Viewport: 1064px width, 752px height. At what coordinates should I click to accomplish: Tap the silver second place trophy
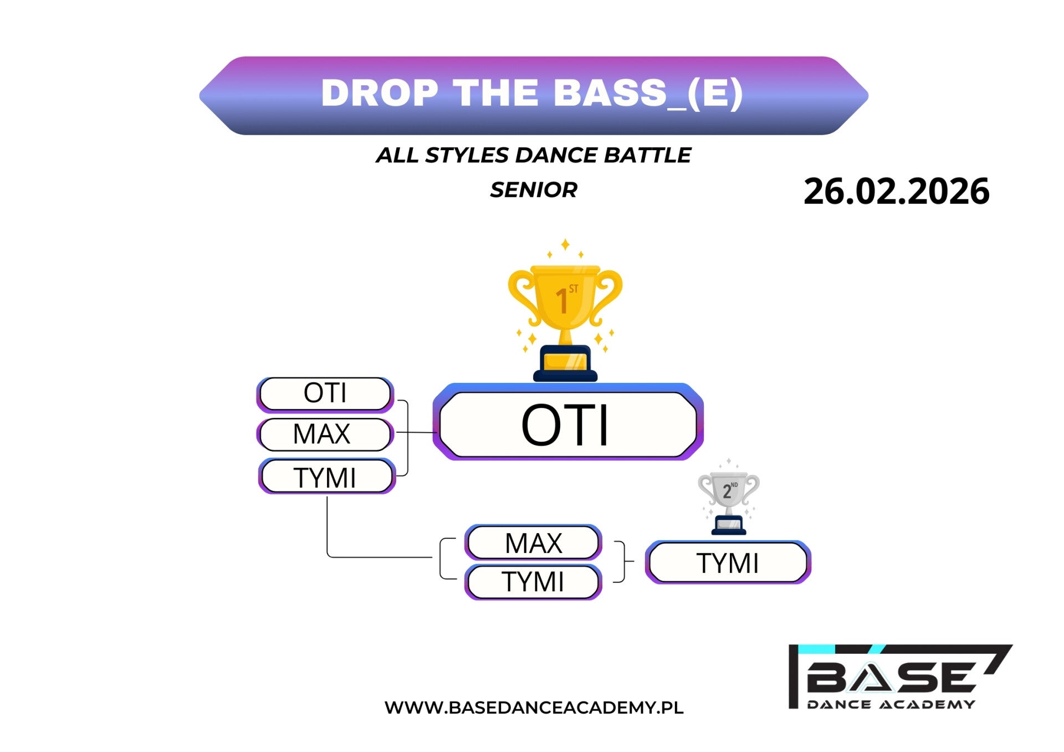[729, 502]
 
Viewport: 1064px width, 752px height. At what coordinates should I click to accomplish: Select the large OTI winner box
[568, 422]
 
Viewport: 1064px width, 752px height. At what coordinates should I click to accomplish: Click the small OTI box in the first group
[325, 395]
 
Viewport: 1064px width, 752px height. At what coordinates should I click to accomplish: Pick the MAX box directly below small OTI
[325, 434]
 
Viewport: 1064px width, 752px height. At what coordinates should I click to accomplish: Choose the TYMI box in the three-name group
[327, 477]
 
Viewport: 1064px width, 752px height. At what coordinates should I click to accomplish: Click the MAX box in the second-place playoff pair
[533, 543]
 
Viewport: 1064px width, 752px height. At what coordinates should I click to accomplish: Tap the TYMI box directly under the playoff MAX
[533, 582]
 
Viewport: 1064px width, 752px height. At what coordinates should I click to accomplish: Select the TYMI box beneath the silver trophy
[728, 562]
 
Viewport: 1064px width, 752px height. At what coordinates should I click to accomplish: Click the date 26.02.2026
[896, 191]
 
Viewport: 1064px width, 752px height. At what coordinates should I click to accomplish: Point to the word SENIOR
[534, 190]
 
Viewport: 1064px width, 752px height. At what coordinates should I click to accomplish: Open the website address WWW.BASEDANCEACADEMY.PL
[534, 708]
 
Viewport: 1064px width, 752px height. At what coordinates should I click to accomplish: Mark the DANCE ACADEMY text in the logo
[891, 704]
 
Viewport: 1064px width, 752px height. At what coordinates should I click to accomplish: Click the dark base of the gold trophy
[565, 364]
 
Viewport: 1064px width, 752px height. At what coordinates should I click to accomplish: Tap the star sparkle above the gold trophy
[565, 244]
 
